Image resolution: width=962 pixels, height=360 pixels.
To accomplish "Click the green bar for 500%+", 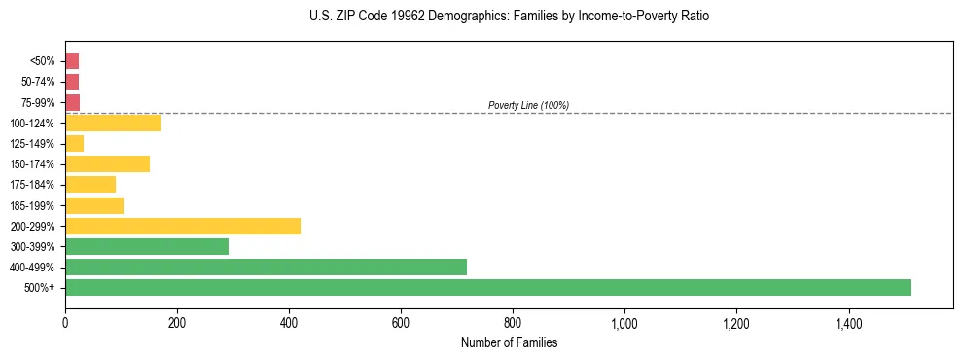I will [487, 287].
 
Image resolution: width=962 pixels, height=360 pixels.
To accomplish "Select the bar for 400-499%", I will [266, 267].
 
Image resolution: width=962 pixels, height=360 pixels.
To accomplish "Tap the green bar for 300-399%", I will [147, 246].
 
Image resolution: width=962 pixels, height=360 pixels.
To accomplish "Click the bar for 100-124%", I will [113, 123].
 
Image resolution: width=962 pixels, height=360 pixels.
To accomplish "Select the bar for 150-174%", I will [107, 163].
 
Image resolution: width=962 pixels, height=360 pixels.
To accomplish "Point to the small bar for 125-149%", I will [74, 143].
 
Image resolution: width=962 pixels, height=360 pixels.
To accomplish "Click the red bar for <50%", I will [72, 60].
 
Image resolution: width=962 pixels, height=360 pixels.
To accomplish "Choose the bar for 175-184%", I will [90, 184].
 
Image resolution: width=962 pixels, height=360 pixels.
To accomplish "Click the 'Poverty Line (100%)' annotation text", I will [528, 105].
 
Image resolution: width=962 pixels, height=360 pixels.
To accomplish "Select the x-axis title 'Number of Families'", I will [509, 342].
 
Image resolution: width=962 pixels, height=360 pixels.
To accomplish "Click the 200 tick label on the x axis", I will [177, 323].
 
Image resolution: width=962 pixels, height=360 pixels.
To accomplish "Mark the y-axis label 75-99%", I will [40, 102].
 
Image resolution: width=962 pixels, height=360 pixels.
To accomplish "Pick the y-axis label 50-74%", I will [40, 82].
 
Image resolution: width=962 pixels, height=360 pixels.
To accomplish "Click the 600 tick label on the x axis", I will [401, 323].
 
